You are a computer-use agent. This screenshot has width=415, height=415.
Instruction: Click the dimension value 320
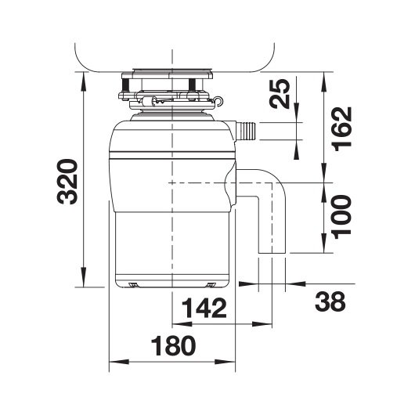point(67,182)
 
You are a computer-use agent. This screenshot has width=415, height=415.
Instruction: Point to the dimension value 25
point(280,94)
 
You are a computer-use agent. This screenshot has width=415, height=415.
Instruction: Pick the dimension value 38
point(330,301)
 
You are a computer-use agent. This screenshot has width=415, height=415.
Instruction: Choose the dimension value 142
point(204,308)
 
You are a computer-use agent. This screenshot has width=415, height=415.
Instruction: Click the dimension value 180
point(173,345)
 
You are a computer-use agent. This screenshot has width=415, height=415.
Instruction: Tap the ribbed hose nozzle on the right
point(246,131)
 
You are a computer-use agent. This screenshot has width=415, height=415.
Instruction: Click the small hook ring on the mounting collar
point(218,101)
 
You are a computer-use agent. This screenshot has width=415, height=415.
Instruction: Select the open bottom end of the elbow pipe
point(272,253)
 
